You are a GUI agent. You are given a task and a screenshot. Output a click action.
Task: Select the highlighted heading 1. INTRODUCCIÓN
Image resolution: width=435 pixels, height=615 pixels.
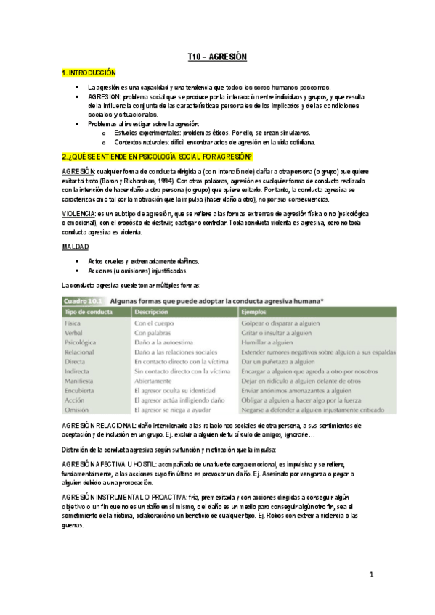coord(89,73)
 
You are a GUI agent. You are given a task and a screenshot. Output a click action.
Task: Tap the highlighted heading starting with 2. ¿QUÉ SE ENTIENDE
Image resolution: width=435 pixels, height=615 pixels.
coord(157,157)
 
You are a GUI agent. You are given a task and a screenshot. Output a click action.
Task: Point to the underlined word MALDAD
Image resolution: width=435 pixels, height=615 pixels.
coord(75,247)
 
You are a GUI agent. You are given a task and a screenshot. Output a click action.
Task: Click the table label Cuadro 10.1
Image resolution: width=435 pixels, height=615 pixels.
coord(82,299)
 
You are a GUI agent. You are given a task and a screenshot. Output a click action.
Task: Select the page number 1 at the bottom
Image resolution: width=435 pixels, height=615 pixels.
coord(370,574)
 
